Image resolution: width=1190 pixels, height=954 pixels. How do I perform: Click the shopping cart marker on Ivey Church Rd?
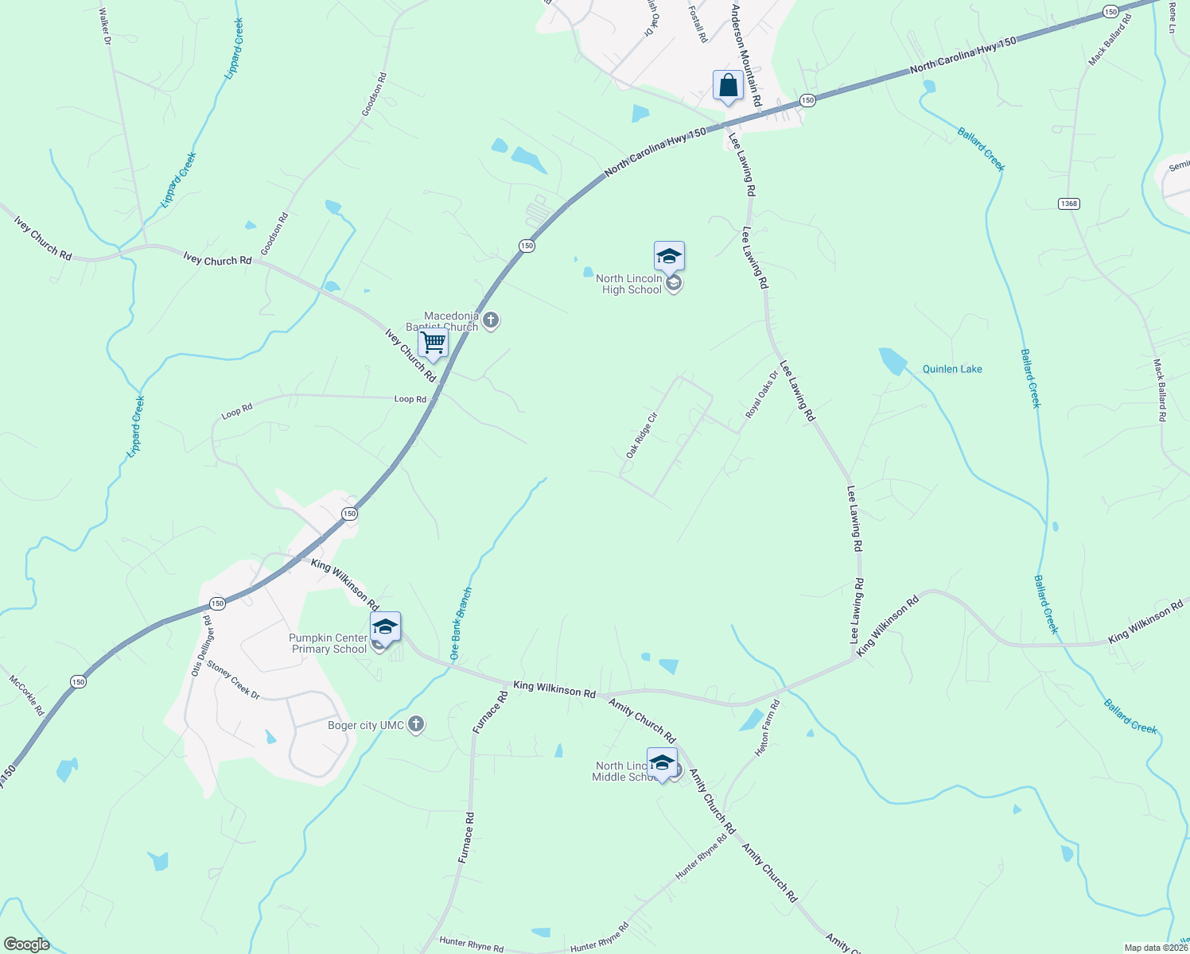pyautogui.click(x=433, y=343)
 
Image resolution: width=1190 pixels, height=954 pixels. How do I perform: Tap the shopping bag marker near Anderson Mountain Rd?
pyautogui.click(x=728, y=86)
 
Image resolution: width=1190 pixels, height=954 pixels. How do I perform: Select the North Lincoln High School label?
pyautogui.click(x=628, y=285)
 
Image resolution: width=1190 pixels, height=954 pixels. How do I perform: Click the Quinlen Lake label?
pyautogui.click(x=951, y=369)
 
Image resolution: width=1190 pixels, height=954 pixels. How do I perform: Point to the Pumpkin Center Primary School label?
pyautogui.click(x=328, y=643)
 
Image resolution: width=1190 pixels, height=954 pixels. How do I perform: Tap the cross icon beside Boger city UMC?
pyautogui.click(x=415, y=724)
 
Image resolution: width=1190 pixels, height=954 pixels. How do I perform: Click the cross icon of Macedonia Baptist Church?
pyautogui.click(x=491, y=321)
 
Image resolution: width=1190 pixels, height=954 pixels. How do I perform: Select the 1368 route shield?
pyautogui.click(x=1068, y=204)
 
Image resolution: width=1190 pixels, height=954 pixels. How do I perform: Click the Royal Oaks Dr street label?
pyautogui.click(x=761, y=395)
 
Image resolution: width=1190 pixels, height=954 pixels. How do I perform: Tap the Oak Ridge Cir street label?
pyautogui.click(x=642, y=435)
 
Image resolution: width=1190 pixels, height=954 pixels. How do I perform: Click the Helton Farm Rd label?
pyautogui.click(x=768, y=727)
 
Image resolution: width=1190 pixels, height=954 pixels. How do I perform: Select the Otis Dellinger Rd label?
pyautogui.click(x=201, y=646)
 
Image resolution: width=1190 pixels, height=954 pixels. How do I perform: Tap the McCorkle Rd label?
pyautogui.click(x=26, y=695)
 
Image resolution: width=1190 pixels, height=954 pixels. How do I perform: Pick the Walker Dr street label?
pyautogui.click(x=105, y=26)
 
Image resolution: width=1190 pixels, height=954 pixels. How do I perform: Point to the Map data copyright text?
pyautogui.click(x=1155, y=948)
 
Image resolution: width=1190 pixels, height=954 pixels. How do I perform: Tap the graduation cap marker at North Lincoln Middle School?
pyautogui.click(x=662, y=763)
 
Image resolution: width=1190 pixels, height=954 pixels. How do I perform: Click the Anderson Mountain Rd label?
pyautogui.click(x=746, y=56)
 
